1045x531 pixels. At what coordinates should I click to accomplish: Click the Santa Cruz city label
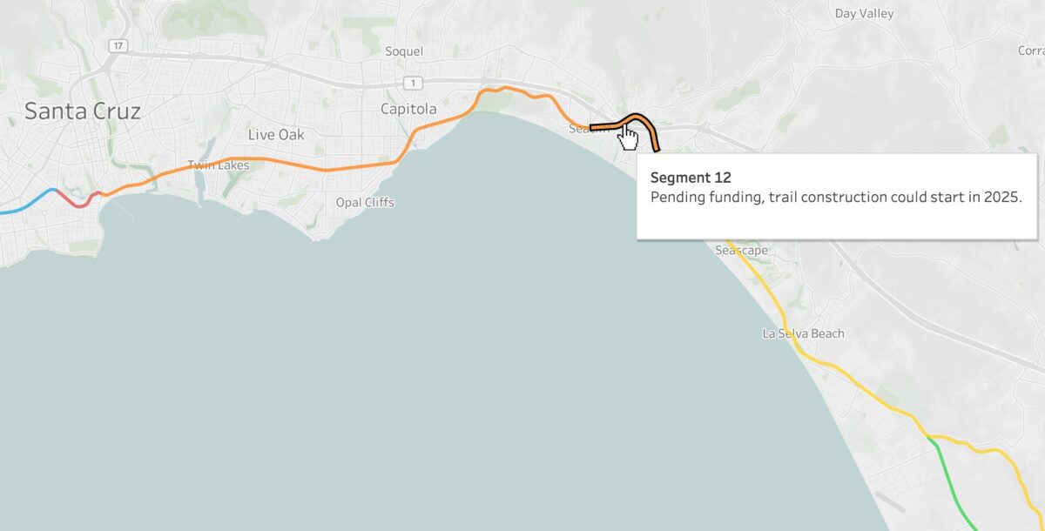(x=83, y=111)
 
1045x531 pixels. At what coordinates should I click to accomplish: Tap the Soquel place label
(x=404, y=51)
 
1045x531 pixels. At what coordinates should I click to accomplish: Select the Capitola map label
(x=408, y=109)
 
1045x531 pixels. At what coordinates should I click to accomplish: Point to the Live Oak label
(x=276, y=135)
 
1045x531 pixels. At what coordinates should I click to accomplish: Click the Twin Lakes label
(x=218, y=165)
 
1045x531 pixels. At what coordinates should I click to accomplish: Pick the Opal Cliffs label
(x=365, y=203)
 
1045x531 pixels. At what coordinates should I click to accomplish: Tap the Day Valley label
(x=864, y=14)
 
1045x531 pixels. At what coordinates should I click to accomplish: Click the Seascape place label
(x=741, y=251)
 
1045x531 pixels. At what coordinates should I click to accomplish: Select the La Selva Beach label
(x=803, y=333)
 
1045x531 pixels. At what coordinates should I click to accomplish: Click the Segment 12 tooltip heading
(x=691, y=178)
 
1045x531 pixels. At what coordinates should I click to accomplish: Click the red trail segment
(x=77, y=202)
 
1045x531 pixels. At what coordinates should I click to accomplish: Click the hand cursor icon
(x=628, y=136)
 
